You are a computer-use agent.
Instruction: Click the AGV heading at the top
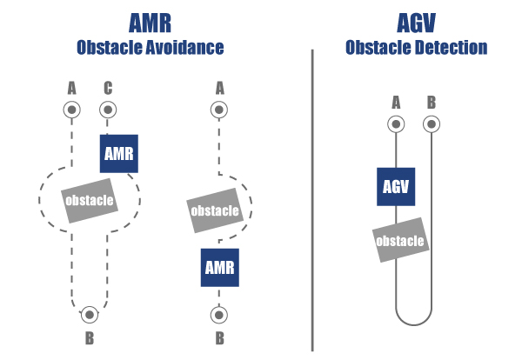416,21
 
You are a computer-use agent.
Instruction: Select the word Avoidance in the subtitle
186,47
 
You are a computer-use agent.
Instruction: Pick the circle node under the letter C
108,110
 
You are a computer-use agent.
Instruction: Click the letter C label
108,87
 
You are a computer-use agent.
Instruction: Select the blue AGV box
395,186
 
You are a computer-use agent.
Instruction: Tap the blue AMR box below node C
119,154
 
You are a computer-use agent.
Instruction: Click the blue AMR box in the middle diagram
219,267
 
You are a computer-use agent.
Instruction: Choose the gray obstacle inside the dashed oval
90,201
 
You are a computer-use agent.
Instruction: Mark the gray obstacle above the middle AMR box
214,210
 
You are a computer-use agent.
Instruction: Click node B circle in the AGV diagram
431,124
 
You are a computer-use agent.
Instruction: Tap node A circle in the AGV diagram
396,124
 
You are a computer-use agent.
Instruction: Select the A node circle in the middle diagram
219,110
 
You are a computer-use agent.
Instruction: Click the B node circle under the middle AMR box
219,314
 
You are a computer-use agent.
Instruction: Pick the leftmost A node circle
71,110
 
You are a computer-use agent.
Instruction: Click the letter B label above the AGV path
431,103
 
